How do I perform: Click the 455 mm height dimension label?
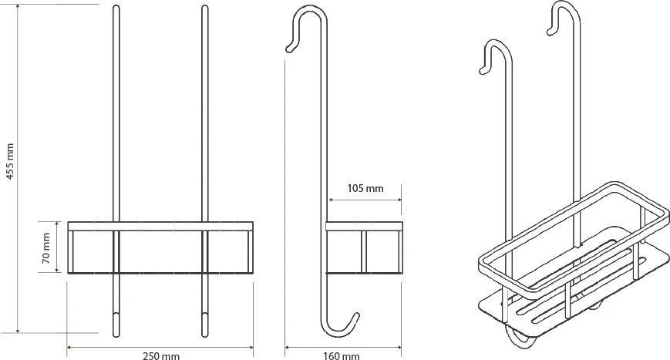click(x=10, y=161)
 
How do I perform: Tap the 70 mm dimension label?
click(x=46, y=247)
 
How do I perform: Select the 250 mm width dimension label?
click(x=161, y=355)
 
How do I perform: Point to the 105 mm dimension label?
click(x=365, y=188)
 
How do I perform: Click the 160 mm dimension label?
click(x=342, y=355)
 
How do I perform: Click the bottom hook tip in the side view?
click(x=356, y=315)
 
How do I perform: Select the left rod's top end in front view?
click(x=116, y=7)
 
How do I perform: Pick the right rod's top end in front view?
click(x=204, y=7)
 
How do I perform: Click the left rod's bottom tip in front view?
click(x=116, y=335)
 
